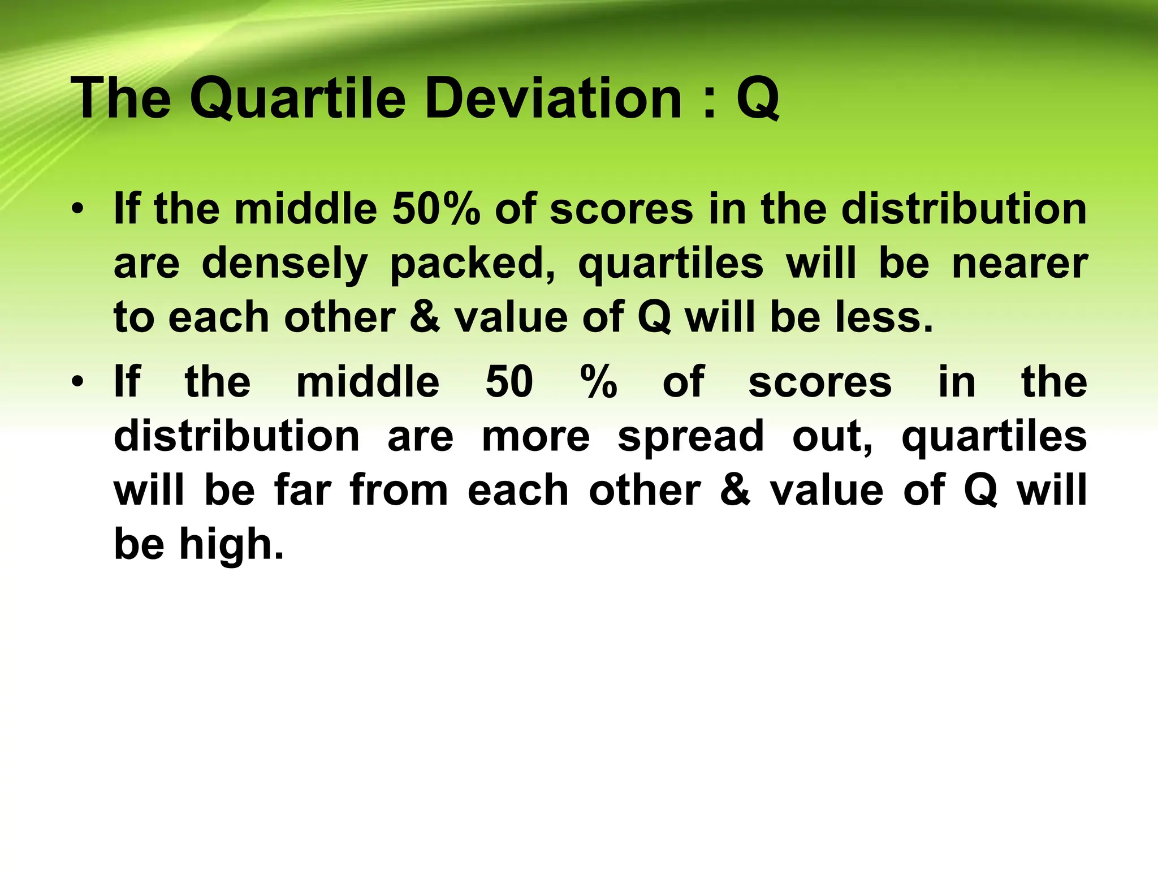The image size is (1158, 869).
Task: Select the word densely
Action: click(284, 265)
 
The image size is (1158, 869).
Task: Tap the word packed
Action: click(473, 265)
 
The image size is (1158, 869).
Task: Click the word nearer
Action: click(1019, 264)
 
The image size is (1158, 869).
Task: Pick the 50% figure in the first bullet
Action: click(436, 209)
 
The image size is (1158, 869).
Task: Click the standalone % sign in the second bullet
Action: click(599, 382)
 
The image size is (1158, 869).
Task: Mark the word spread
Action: click(690, 437)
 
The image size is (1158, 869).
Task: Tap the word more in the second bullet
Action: click(535, 437)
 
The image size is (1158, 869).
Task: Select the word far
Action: click(303, 491)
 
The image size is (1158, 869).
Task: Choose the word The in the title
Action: click(121, 99)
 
